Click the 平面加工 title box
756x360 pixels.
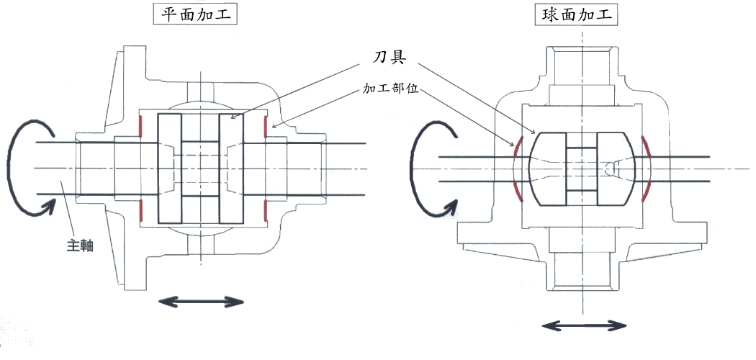click(x=195, y=15)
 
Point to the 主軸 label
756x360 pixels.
click(x=79, y=246)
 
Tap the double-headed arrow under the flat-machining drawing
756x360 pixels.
click(x=201, y=302)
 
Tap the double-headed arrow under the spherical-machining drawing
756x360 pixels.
click(x=584, y=325)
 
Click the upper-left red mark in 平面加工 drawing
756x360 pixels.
click(x=140, y=126)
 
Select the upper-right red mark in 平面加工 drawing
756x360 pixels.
click(x=266, y=126)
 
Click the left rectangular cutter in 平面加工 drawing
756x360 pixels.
click(x=170, y=168)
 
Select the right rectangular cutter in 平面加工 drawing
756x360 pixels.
click(x=231, y=168)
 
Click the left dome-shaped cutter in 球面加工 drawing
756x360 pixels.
click(x=548, y=168)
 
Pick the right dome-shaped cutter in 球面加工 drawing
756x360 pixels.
click(x=616, y=168)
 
